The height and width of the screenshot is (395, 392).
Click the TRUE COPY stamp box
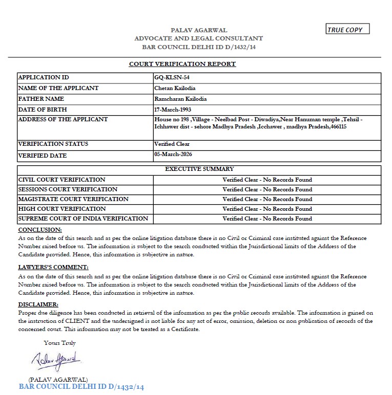point(347,30)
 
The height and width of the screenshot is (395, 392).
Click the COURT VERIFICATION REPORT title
point(182,64)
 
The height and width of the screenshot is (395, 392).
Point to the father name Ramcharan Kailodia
point(180,99)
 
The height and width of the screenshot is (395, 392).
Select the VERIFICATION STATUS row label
point(53,144)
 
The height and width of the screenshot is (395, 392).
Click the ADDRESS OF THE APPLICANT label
point(63,119)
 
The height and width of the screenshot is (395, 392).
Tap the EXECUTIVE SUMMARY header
point(199,169)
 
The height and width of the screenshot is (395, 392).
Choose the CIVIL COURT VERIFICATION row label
point(61,180)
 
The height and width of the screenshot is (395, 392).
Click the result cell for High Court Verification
point(267,209)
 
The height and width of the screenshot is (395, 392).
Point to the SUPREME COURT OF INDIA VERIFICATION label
point(83,218)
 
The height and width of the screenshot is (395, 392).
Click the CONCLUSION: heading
point(40,230)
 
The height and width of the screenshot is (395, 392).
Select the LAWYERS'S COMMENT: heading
point(53,267)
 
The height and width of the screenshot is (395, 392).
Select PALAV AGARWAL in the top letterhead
point(199,30)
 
